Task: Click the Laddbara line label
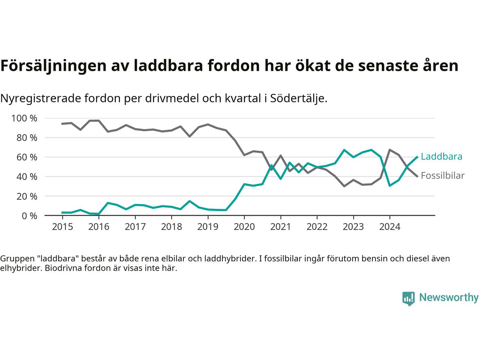click(x=441, y=157)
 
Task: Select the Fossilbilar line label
click(x=442, y=175)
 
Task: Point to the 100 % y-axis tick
click(x=24, y=118)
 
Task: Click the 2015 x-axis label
click(x=62, y=227)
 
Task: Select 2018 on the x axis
click(x=171, y=227)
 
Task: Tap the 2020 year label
click(x=244, y=227)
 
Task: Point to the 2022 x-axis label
click(x=317, y=227)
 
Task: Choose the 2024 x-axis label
click(x=390, y=227)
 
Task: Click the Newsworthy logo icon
click(x=408, y=298)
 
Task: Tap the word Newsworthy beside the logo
click(x=448, y=298)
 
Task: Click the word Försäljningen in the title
click(x=52, y=66)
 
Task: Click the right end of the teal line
click(x=417, y=157)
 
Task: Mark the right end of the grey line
click(x=417, y=176)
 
